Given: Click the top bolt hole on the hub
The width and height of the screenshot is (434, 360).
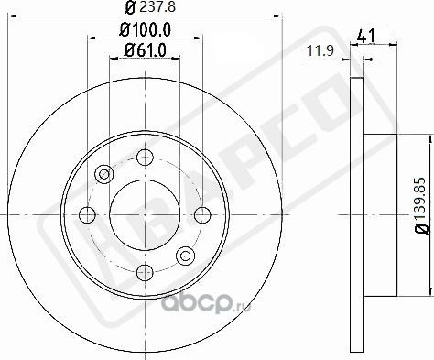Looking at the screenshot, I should click(x=144, y=158).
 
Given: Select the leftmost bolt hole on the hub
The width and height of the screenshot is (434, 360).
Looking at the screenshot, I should click(x=88, y=214).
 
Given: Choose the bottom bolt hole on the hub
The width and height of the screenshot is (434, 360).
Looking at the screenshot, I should click(x=144, y=271).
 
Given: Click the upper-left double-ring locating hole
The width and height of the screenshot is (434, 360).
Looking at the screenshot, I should click(x=103, y=174).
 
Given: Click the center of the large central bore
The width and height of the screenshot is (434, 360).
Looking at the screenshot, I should click(x=144, y=214).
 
